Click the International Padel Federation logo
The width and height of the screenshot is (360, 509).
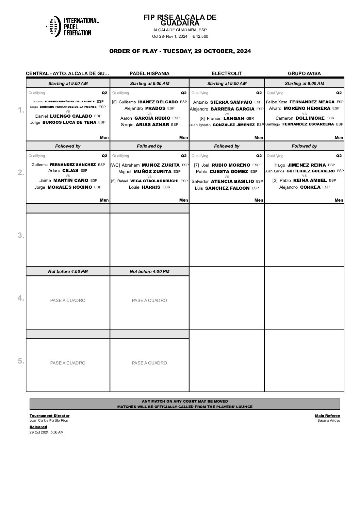(72, 26)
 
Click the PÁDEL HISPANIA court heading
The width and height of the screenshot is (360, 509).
(149, 73)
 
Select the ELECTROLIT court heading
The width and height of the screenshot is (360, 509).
(227, 73)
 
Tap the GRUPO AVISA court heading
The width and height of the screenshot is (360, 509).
(304, 73)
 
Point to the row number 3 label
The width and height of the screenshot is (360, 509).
(21, 235)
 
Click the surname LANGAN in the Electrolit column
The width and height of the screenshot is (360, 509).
(234, 119)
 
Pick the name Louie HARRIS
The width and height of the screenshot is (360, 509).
(149, 187)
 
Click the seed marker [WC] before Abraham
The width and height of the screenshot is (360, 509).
(115, 165)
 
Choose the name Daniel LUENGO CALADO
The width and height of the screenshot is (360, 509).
(64, 116)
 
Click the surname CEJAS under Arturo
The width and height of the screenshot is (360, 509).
(70, 171)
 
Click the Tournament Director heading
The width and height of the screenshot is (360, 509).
(49, 415)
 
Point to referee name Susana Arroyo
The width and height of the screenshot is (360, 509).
(328, 421)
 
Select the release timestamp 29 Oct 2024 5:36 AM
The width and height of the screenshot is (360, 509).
(47, 432)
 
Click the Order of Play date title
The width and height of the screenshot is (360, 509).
(180, 51)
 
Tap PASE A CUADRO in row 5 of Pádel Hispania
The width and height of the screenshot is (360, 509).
(149, 363)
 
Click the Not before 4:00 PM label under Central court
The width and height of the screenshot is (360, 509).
(68, 272)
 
